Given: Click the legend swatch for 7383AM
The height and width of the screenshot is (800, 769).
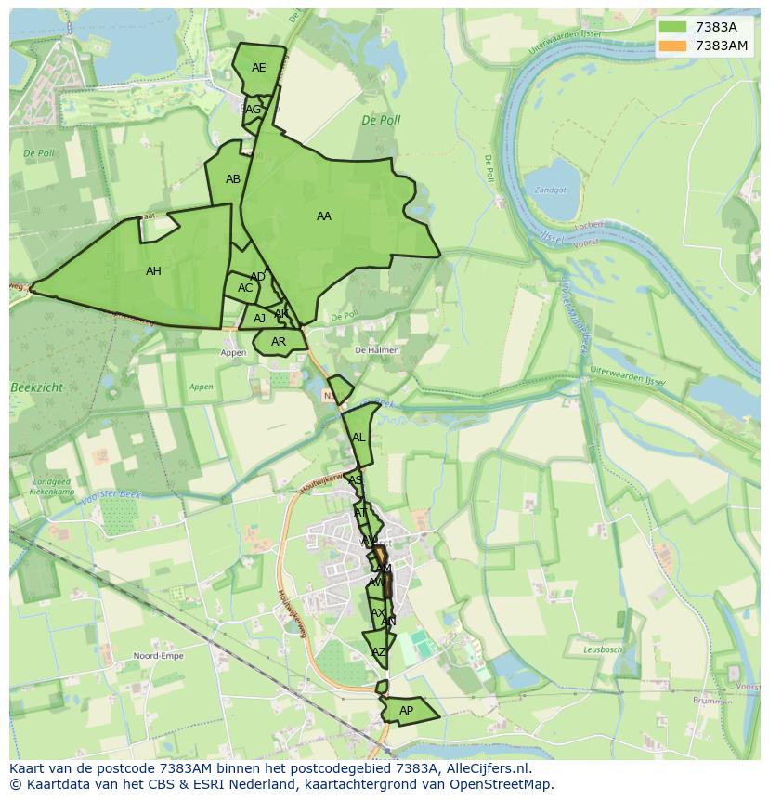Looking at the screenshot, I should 673,46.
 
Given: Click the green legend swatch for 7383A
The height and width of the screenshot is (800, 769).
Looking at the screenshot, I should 673,27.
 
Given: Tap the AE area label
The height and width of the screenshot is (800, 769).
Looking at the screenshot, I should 258,68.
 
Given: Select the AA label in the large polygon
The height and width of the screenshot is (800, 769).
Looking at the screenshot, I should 323,216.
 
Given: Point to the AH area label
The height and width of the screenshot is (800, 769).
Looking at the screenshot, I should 153,271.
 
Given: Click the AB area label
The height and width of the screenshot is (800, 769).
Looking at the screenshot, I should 233,179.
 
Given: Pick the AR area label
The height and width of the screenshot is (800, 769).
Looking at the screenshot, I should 279,342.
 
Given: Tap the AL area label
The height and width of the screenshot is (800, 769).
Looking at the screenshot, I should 358,438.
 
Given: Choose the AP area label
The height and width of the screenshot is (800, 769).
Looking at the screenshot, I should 406,711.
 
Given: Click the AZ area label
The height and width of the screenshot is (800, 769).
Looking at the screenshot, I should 378,652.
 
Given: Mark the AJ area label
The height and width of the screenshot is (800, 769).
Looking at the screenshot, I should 260,319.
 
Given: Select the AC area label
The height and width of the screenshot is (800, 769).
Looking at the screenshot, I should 245,288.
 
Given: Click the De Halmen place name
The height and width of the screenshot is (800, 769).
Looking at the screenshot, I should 377,350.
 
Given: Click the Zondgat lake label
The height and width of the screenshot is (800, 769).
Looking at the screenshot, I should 550,190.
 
